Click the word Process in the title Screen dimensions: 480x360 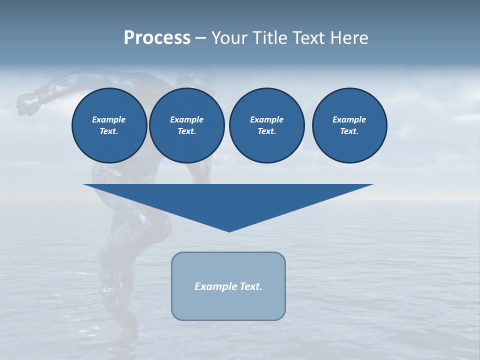point(157,38)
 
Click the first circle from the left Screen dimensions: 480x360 point(109,125)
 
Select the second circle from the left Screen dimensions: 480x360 point(186,125)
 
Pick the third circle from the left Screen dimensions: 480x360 point(266,125)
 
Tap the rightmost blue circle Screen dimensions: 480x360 point(349,125)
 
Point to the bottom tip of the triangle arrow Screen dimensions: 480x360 point(229,231)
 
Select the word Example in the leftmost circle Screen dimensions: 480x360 point(109,119)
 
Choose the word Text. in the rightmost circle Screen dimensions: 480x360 point(349,131)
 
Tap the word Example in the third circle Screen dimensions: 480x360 point(266,119)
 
